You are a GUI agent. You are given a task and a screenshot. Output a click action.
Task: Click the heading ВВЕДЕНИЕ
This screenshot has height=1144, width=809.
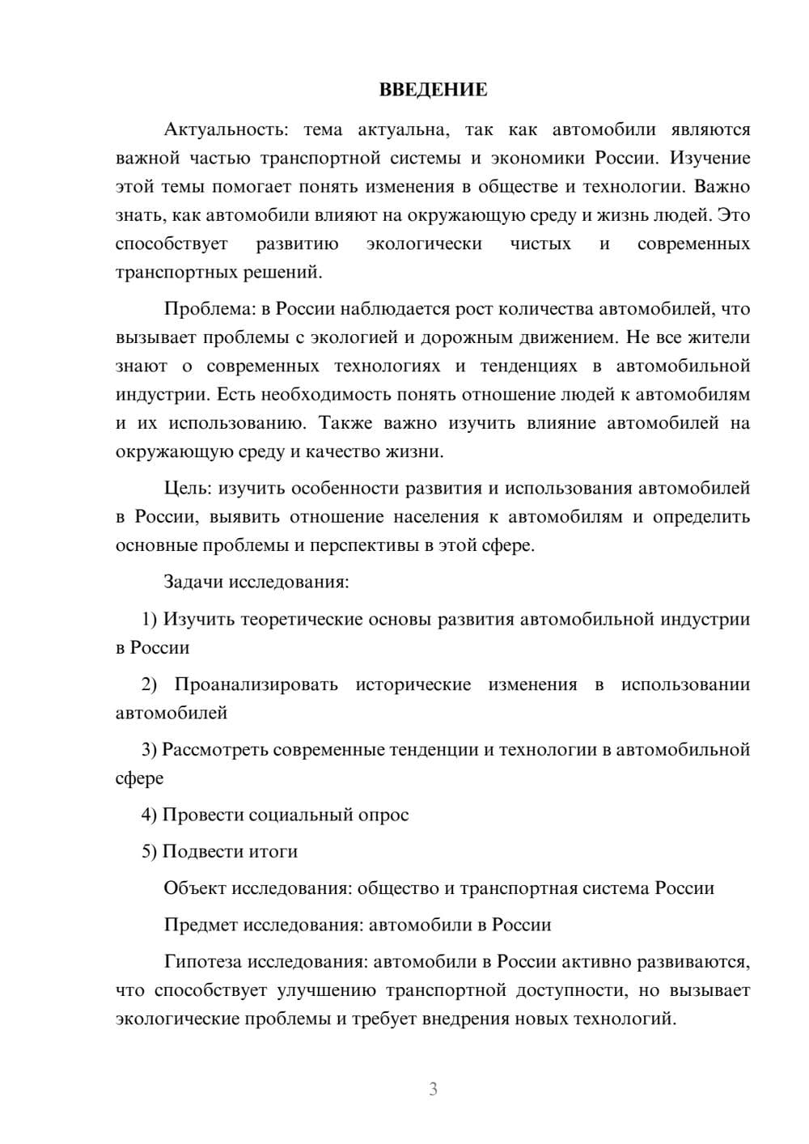[433, 90]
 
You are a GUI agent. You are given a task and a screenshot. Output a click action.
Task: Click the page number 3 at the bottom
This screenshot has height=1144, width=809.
[433, 1089]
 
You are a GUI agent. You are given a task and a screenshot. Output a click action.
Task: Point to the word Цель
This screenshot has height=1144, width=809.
[187, 489]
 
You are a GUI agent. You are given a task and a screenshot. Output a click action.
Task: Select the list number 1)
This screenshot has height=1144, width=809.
[149, 620]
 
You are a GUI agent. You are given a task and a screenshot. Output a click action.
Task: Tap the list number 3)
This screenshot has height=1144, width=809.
[149, 750]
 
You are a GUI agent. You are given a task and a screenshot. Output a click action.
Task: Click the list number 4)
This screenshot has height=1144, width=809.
[149, 816]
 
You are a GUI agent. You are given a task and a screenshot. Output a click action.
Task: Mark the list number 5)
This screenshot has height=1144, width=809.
[149, 852]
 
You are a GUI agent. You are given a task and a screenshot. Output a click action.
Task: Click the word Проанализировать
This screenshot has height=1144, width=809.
[256, 685]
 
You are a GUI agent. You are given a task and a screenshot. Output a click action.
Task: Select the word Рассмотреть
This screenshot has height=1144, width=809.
[215, 750]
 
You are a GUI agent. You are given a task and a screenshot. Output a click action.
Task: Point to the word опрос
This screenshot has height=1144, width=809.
[383, 816]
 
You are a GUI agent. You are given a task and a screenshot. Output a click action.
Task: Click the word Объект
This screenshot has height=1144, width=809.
[195, 889]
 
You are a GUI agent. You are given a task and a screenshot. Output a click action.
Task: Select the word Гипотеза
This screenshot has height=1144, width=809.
[202, 962]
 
